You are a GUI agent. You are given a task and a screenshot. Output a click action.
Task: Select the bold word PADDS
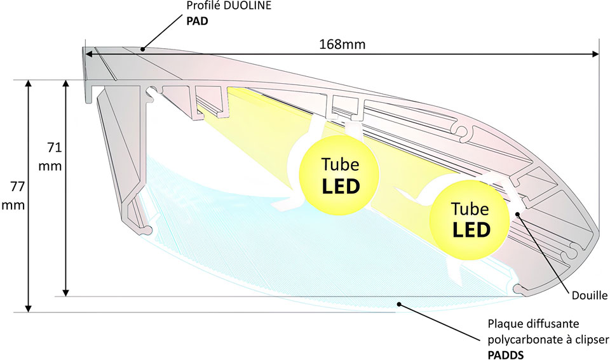(506, 354)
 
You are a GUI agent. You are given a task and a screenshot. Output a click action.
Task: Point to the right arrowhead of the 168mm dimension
(595, 55)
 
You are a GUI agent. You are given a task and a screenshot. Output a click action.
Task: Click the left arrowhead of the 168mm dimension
(88, 55)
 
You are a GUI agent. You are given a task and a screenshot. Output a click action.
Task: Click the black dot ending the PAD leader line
(144, 48)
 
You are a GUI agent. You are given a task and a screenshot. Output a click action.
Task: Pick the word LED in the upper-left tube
(340, 186)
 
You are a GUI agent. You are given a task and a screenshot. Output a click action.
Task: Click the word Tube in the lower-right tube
(470, 208)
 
